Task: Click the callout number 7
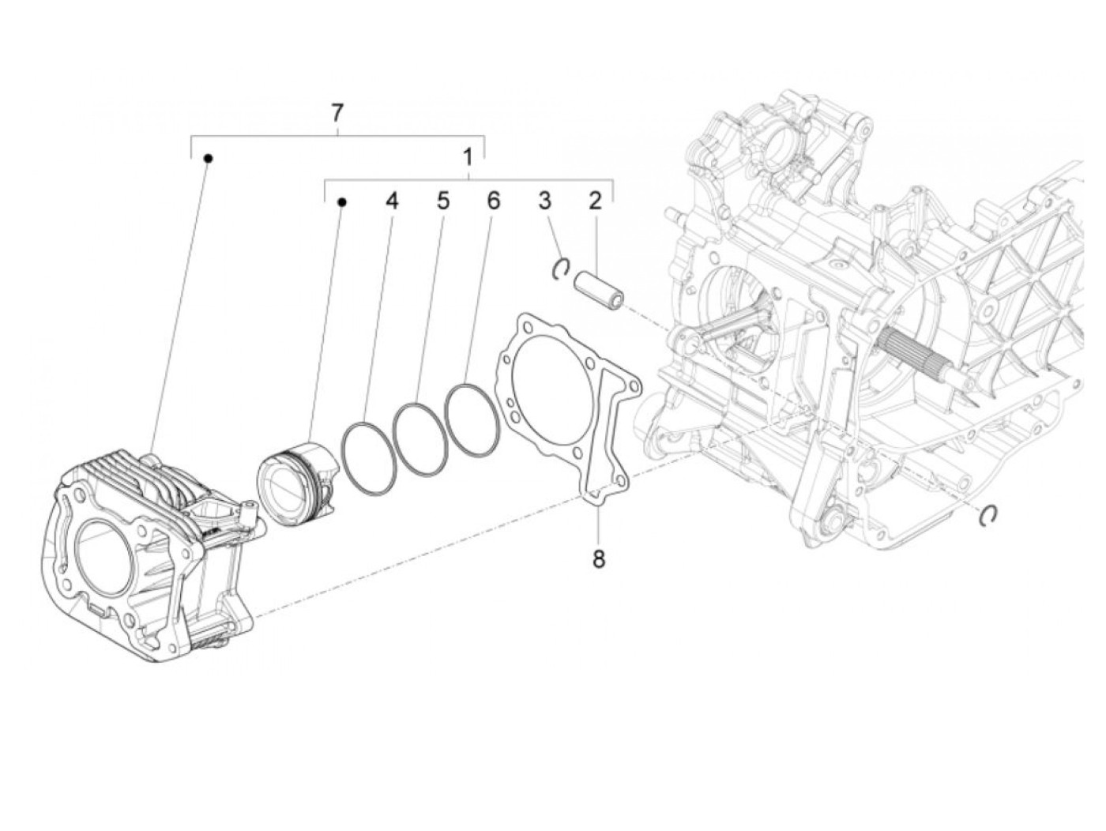pyautogui.click(x=337, y=113)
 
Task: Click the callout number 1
pyautogui.click(x=468, y=156)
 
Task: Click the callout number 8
pyautogui.click(x=598, y=559)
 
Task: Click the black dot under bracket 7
pyautogui.click(x=209, y=158)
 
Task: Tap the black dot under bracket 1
pyautogui.click(x=342, y=202)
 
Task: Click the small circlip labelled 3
pyautogui.click(x=560, y=269)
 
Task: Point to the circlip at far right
pyautogui.click(x=987, y=514)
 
